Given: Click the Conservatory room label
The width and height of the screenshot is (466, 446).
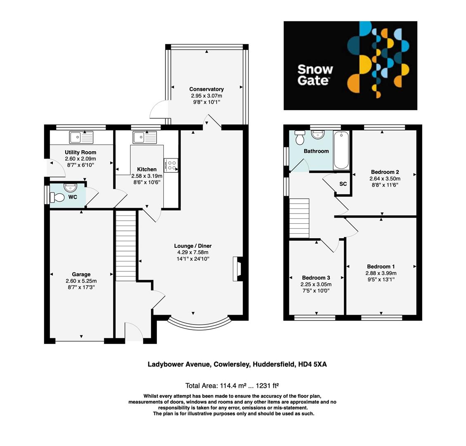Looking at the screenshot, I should point(206,89).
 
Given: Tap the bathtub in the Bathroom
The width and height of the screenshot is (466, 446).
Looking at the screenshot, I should point(341,150).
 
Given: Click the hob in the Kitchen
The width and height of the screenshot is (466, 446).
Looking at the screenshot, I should point(171,165).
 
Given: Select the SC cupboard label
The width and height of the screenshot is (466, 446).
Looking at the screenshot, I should point(343,184).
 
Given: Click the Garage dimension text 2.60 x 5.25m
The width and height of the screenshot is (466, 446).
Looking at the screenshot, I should point(81,281).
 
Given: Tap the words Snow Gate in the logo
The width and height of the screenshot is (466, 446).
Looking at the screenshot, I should point(315,75).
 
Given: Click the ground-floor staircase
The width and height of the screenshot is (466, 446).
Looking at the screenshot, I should point(125,245).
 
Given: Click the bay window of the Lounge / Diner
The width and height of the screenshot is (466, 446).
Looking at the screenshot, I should point(199,324).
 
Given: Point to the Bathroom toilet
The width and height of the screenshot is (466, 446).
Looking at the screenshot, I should point(300,139).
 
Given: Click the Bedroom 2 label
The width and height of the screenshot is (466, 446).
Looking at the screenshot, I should point(385,172).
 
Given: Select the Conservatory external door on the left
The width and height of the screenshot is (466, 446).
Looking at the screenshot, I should point(158,112).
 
